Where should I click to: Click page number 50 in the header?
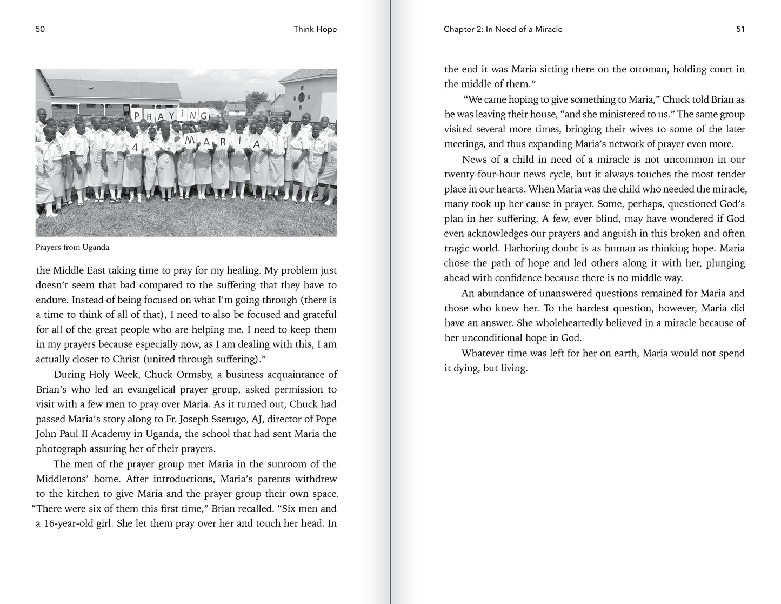tap(40, 29)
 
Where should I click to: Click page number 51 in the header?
tap(740, 29)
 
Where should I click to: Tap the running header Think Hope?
tap(315, 29)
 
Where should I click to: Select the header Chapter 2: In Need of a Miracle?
tap(503, 29)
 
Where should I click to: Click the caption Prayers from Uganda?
tap(72, 248)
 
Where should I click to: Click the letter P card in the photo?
tap(137, 116)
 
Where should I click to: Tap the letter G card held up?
tap(203, 116)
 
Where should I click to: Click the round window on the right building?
tap(301, 98)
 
